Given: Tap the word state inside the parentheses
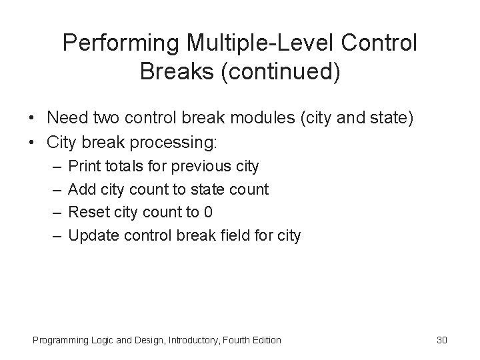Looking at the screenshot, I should click(391, 118).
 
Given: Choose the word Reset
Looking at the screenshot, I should click(88, 213).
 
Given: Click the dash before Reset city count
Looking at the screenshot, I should click(54, 213).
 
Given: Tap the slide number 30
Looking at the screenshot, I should click(441, 341).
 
